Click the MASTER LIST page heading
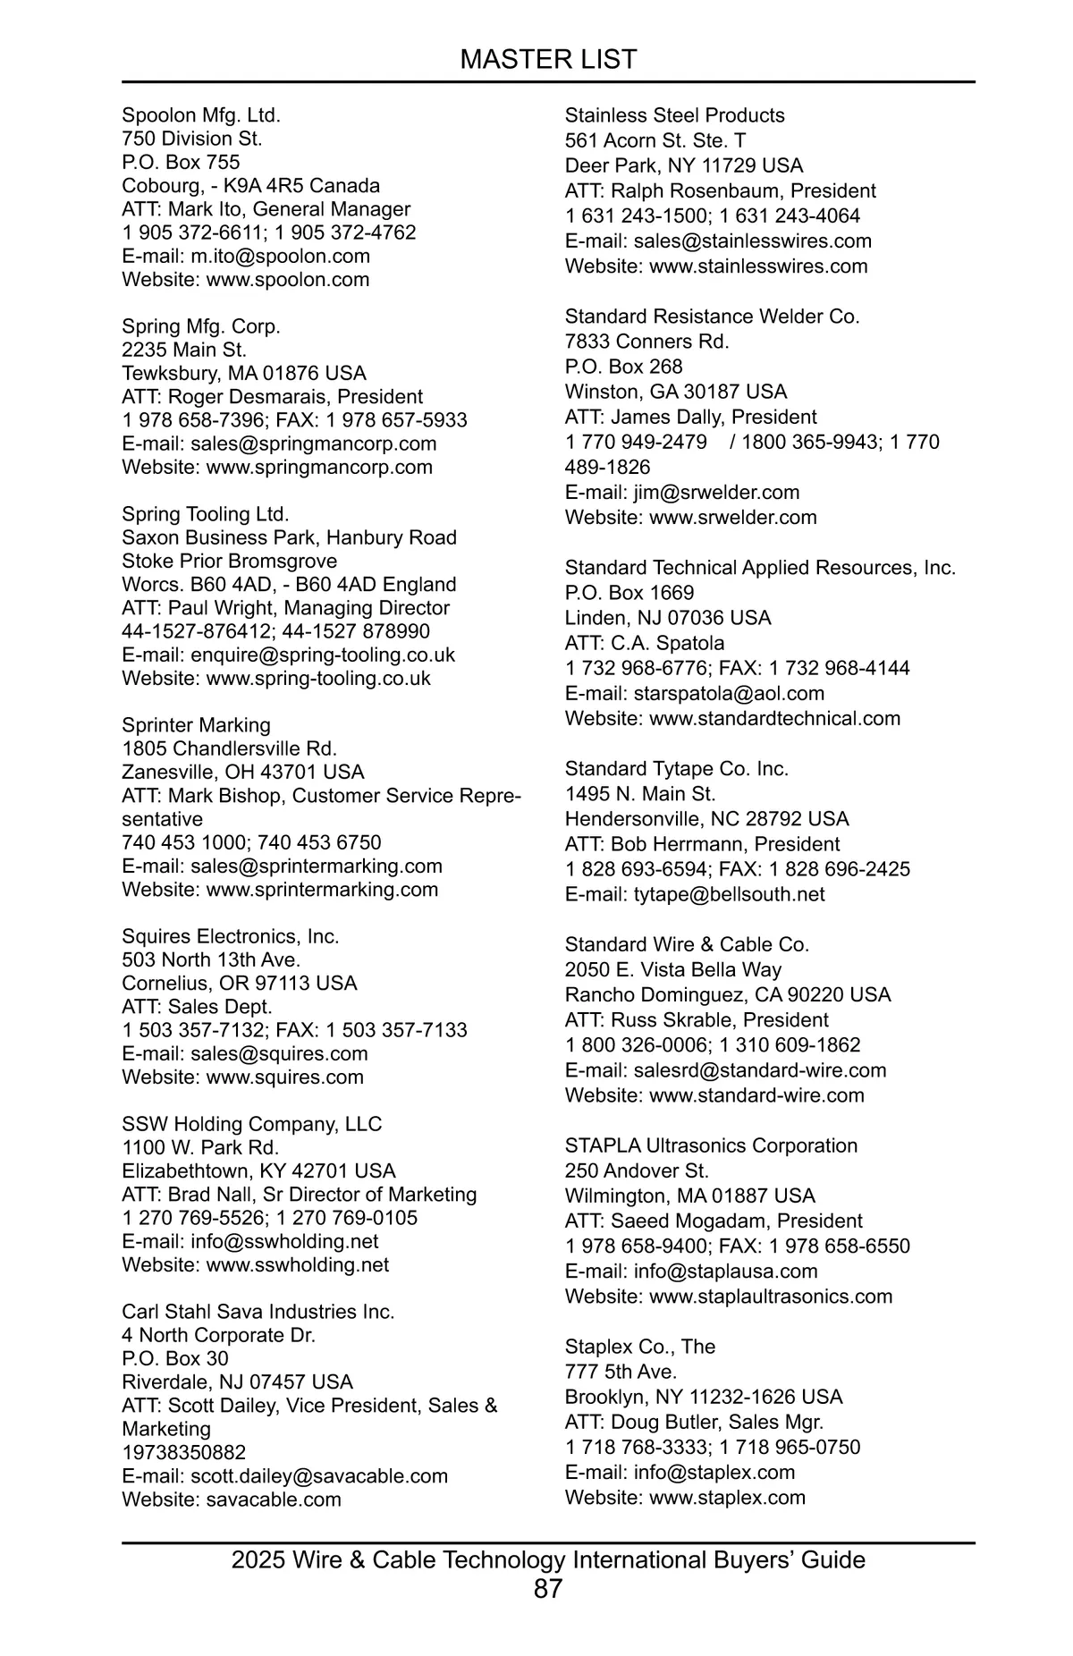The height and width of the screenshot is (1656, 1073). point(547,59)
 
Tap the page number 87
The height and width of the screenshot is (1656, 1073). point(547,1589)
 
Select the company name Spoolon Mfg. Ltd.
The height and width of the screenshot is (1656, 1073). point(201,115)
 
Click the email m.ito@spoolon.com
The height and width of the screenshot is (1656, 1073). point(280,256)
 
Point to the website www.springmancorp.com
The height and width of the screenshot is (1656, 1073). point(319,467)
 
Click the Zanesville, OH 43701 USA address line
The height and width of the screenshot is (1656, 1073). point(243,772)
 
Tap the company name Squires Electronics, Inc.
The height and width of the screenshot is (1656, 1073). point(231,936)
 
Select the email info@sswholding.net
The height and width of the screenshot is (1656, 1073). point(284,1241)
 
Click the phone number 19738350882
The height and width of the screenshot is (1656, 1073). point(183,1452)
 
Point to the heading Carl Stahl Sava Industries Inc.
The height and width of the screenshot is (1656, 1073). point(258,1312)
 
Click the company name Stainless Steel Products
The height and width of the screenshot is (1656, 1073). point(674,115)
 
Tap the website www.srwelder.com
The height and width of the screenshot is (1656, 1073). point(732,517)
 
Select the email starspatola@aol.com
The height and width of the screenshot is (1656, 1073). point(729,693)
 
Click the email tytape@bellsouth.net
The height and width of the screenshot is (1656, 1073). point(729,894)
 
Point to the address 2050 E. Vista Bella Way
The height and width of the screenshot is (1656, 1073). point(672,969)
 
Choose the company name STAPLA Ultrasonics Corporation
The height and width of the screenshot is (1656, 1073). point(711,1145)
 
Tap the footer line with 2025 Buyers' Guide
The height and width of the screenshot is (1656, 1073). point(547,1560)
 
